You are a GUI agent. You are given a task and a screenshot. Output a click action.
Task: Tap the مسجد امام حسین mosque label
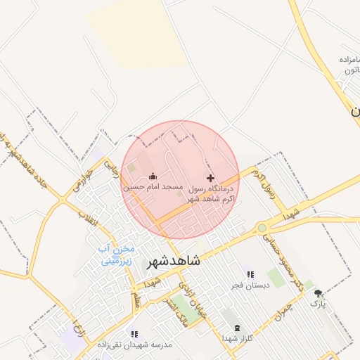coord(153,188)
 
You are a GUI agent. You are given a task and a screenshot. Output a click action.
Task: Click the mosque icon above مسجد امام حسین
coord(153,176)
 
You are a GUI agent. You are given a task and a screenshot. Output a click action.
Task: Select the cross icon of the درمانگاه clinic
coord(210,179)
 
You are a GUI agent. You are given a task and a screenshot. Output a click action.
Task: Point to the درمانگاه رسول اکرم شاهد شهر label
coord(212,194)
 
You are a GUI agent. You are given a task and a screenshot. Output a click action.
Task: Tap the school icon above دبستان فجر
coord(250,274)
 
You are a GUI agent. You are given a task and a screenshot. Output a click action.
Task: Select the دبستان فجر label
coord(250,286)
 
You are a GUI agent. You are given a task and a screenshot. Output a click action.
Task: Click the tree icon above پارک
coord(319,293)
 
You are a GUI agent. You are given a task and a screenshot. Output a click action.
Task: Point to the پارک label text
coord(319,304)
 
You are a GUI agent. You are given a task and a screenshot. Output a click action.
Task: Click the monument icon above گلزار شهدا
coord(236,328)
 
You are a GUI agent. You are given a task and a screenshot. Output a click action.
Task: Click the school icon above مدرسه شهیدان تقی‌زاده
coord(134,334)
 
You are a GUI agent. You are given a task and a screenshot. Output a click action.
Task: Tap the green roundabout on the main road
coord(262,227)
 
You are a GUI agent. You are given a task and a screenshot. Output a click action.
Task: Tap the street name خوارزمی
coord(79,179)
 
